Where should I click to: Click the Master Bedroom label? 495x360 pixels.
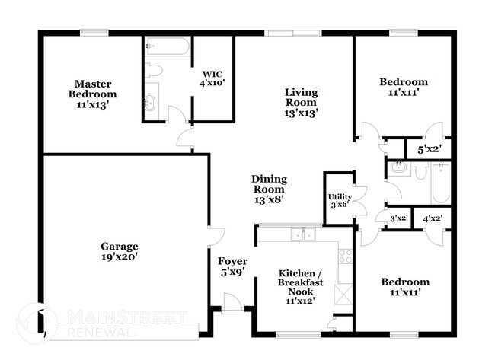pos(95,94)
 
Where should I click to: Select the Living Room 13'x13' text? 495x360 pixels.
pos(301,102)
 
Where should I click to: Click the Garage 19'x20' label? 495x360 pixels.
pos(120,252)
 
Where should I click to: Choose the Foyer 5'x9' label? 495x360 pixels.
pos(232,266)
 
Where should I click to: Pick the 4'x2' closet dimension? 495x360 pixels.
pos(433,218)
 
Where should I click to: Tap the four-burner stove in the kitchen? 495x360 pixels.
pos(345,256)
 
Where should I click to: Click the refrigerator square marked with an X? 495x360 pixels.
pos(344,294)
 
